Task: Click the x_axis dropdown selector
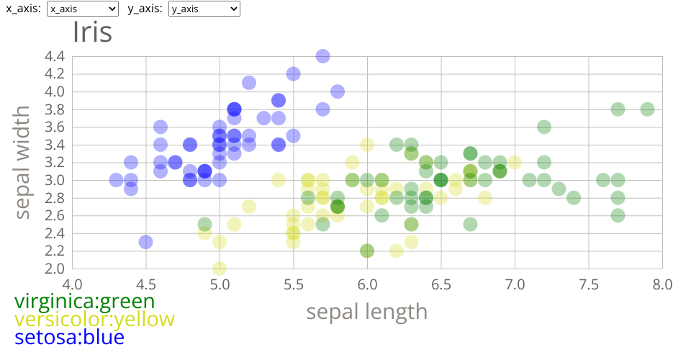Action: pyautogui.click(x=82, y=9)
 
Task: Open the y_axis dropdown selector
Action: pyautogui.click(x=204, y=9)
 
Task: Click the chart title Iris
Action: pyautogui.click(x=92, y=32)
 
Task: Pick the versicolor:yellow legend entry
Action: pyautogui.click(x=94, y=319)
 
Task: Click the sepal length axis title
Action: pyautogui.click(x=367, y=312)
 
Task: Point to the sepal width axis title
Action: pyautogui.click(x=23, y=162)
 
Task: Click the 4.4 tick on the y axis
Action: pyautogui.click(x=54, y=56)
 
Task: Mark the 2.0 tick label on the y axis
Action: pyautogui.click(x=54, y=269)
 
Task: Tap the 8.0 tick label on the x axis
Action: pyautogui.click(x=662, y=284)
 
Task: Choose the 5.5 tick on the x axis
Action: pyautogui.click(x=293, y=284)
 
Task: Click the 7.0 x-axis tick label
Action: pyautogui.click(x=515, y=284)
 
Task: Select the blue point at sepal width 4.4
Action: pyautogui.click(x=322, y=56)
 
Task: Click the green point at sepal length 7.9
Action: pyautogui.click(x=647, y=109)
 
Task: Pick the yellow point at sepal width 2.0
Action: pyautogui.click(x=220, y=269)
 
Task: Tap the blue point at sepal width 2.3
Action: pyautogui.click(x=146, y=242)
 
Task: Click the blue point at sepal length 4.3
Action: pyautogui.click(x=117, y=180)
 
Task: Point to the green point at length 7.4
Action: pyautogui.click(x=574, y=197)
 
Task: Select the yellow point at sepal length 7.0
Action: pyautogui.click(x=515, y=162)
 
